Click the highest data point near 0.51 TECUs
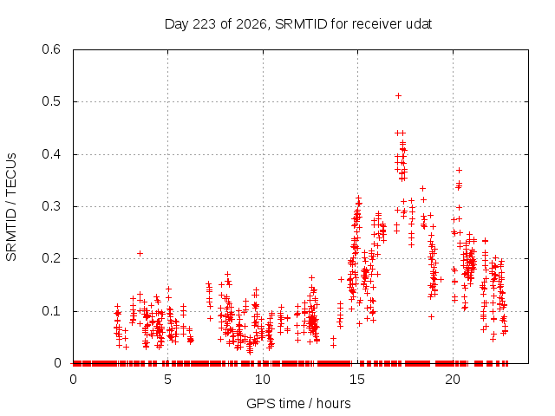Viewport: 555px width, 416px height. (398, 96)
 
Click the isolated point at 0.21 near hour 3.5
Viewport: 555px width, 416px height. (140, 253)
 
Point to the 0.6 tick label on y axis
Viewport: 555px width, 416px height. (51, 49)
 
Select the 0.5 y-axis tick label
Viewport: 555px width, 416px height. (51, 101)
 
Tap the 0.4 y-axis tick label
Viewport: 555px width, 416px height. (51, 154)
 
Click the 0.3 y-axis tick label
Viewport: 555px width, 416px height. (51, 206)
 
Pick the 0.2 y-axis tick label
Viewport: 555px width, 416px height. (51, 258)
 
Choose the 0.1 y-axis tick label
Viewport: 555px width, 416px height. (51, 311)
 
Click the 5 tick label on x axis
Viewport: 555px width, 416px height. (167, 380)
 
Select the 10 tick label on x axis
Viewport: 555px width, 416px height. (263, 380)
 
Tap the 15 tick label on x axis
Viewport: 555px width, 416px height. (357, 380)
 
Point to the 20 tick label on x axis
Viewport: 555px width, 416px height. (453, 380)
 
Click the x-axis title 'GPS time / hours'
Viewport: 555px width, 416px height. (298, 403)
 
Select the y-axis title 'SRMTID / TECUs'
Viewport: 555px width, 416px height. (11, 207)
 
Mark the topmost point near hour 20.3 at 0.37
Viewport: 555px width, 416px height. (459, 170)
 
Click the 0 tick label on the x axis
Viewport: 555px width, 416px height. (73, 380)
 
